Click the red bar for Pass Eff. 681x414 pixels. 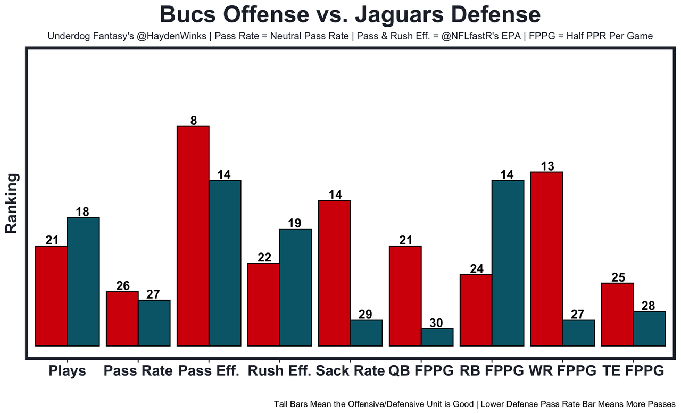click(x=193, y=236)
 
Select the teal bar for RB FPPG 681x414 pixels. click(x=508, y=263)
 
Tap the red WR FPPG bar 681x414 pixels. click(x=547, y=259)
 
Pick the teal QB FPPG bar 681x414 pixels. click(x=437, y=337)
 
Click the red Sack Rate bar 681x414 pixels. click(x=334, y=273)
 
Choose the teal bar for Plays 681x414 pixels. click(x=83, y=282)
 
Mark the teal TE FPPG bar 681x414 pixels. click(x=649, y=328)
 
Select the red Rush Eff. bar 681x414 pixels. click(x=264, y=305)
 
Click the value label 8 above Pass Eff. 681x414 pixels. click(x=194, y=121)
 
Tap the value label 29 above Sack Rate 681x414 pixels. click(x=366, y=314)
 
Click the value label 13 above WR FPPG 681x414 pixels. click(x=547, y=166)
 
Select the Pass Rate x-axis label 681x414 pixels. click(x=138, y=371)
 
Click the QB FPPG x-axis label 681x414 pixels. click(x=421, y=371)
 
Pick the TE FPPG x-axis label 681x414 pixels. click(x=633, y=371)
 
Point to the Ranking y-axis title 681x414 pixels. click(x=12, y=203)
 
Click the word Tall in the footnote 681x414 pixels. click(x=283, y=404)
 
